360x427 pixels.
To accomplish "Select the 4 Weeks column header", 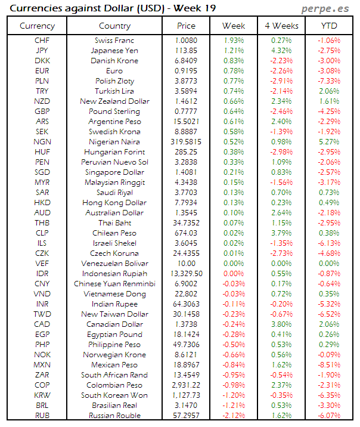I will [281, 26].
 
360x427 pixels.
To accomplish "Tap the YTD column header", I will [328, 26].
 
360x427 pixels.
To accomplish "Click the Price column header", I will [187, 26].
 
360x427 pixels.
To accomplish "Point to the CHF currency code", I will [42, 40].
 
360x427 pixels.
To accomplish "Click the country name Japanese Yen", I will [114, 50].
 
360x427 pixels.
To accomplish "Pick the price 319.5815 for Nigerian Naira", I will [187, 142].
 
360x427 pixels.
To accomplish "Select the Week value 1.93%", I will [234, 40].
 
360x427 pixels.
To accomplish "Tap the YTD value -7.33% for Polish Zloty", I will [328, 81].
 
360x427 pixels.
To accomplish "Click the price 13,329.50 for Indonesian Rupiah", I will [187, 274].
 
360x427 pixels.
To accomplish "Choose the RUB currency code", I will [42, 416].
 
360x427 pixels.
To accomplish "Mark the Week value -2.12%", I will [234, 416].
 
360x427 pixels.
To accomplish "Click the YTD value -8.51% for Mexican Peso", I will [328, 365].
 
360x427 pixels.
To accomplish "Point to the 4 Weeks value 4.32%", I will [281, 50].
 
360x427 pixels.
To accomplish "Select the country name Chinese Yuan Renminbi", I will [114, 284].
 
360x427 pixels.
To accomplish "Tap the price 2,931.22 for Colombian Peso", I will [187, 385].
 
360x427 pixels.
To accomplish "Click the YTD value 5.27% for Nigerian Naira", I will [328, 142].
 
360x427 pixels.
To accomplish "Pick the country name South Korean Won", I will [114, 395].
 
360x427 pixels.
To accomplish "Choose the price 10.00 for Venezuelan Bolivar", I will [187, 264].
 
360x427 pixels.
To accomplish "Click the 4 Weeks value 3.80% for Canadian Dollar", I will [281, 324].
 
